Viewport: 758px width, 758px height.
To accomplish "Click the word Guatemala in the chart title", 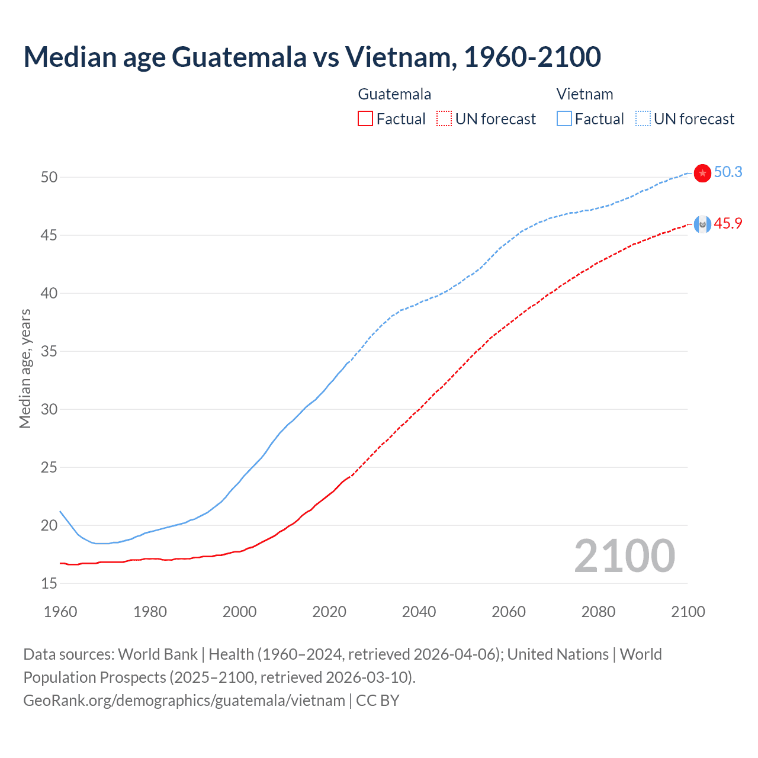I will click(239, 57).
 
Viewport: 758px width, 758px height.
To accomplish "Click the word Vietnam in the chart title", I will click(400, 57).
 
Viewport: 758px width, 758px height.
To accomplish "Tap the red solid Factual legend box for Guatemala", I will click(365, 118).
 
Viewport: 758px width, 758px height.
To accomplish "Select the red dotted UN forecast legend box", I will click(444, 118).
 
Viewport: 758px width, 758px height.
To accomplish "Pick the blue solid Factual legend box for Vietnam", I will click(564, 118).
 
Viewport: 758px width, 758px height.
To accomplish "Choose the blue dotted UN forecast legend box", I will click(643, 118).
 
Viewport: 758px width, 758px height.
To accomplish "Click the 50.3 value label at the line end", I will click(728, 172).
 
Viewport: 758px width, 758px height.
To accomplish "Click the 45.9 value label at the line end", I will click(728, 223).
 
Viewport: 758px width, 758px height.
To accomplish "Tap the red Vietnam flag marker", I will click(702, 173).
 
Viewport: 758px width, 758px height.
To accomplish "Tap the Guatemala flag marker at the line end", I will click(702, 224).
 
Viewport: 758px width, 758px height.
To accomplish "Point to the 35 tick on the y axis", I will click(49, 351).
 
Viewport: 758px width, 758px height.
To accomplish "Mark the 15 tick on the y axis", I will click(49, 583).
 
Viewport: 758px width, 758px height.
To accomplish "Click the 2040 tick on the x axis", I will click(419, 612).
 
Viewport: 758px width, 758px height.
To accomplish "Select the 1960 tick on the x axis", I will click(60, 612).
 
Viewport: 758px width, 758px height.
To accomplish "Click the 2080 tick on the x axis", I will click(598, 612).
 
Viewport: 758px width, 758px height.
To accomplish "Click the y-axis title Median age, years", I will click(25, 368).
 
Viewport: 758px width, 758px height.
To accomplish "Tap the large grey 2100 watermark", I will click(624, 555).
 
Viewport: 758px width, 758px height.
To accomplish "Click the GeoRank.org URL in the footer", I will click(184, 701).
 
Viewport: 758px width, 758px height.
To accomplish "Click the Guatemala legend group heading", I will click(394, 94).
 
